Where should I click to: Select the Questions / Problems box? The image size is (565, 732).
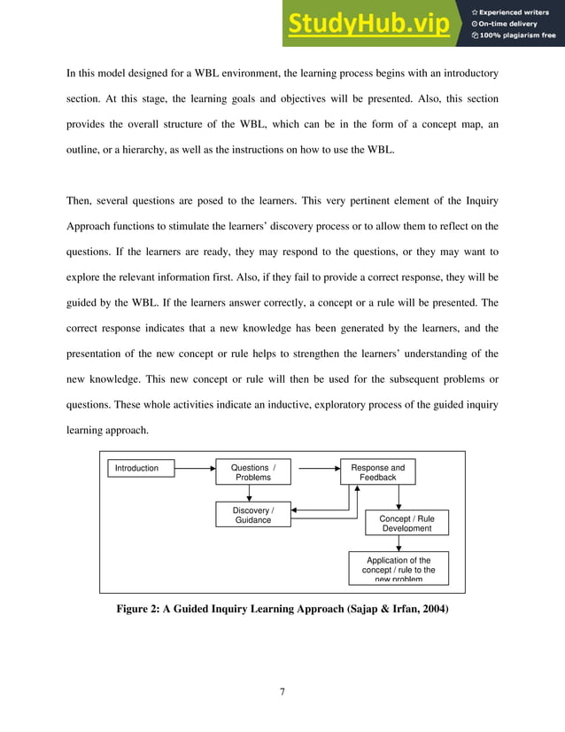pyautogui.click(x=253, y=472)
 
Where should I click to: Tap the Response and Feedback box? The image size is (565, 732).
pyautogui.click(x=378, y=472)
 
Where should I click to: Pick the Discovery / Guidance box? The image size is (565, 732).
pyautogui.click(x=253, y=515)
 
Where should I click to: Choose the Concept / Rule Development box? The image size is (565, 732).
pyautogui.click(x=406, y=523)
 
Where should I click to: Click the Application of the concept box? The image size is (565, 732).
pyautogui.click(x=399, y=568)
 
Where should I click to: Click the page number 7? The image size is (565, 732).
pyautogui.click(x=282, y=691)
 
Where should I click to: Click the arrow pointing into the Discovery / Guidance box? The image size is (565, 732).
pyautogui.click(x=299, y=511)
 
